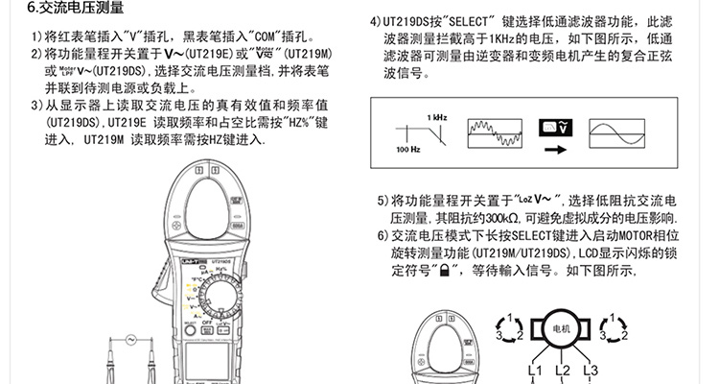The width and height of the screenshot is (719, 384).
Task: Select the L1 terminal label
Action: [x=536, y=371]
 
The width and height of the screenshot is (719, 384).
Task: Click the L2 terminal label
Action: [x=563, y=371]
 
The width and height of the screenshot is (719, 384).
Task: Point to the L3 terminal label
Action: [x=590, y=371]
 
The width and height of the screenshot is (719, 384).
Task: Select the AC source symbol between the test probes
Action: [x=132, y=338]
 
